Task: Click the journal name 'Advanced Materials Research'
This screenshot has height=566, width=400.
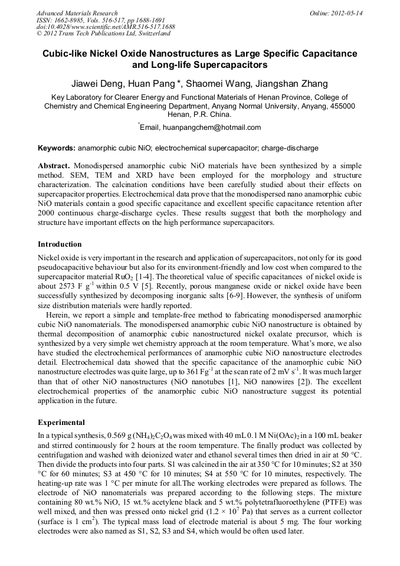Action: point(77,12)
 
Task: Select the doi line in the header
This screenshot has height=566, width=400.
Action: point(106,27)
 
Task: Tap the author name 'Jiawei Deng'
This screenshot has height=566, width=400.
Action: point(95,83)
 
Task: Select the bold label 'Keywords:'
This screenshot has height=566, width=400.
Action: point(57,148)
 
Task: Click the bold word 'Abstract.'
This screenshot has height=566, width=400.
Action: point(54,166)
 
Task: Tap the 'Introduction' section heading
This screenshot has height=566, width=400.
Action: point(60,244)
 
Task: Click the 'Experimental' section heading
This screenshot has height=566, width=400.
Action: point(61,423)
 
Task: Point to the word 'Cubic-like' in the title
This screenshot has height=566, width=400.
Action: point(65,53)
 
